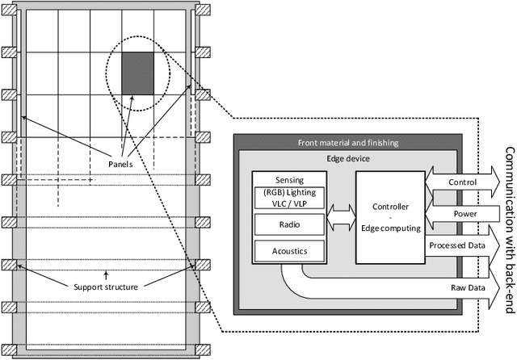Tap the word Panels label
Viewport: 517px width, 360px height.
(120, 163)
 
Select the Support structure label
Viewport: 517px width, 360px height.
(105, 309)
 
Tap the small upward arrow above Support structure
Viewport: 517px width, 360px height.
(105, 297)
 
